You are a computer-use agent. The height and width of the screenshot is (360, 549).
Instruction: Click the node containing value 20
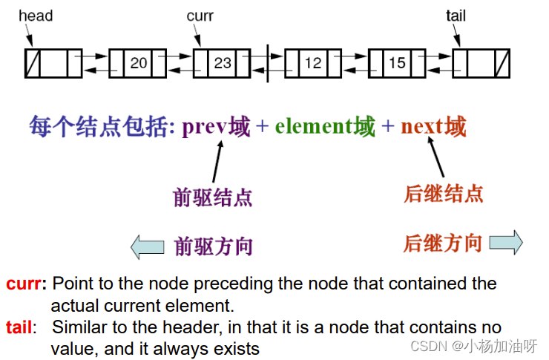click(138, 63)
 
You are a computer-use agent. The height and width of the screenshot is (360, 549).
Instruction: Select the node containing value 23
click(222, 63)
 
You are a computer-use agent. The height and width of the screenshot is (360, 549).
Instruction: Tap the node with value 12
click(313, 63)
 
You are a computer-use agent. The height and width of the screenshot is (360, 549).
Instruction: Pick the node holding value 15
click(397, 63)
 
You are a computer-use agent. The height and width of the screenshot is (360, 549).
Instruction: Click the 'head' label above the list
click(36, 16)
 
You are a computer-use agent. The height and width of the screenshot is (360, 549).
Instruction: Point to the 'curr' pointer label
click(200, 16)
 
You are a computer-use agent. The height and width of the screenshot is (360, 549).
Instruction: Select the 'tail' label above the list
click(456, 16)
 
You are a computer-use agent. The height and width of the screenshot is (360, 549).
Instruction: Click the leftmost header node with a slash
click(53, 63)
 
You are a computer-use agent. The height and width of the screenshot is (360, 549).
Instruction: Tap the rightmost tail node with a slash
click(481, 63)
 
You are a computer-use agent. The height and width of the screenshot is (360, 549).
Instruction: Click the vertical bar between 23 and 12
click(268, 63)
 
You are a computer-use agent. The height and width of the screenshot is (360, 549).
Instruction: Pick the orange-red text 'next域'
click(433, 127)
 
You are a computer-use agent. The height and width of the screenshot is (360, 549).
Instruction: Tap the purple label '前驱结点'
click(213, 197)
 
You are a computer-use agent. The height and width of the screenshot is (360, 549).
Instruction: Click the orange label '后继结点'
click(444, 194)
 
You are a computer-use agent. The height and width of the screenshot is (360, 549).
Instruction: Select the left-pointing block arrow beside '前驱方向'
click(147, 246)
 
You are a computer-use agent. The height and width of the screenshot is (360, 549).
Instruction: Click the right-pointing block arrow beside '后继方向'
click(506, 243)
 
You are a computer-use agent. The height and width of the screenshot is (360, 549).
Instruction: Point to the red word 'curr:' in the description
click(26, 284)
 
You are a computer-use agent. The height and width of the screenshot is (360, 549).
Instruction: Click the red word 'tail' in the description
click(20, 327)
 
